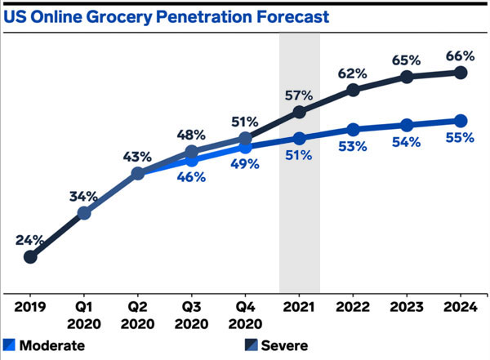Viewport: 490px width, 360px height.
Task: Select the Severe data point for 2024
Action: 460,73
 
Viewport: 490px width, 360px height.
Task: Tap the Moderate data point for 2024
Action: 460,121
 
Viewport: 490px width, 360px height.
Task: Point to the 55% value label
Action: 460,139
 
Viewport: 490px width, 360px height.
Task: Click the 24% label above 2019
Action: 31,240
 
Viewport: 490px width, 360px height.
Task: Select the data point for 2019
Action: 30,257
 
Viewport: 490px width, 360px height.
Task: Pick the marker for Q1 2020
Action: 84,213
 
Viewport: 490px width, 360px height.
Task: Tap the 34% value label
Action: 84,196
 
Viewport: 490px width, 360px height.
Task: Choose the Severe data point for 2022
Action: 353,90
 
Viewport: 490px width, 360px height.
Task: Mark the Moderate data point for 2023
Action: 406,125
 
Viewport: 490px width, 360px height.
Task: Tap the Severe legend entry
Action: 274,345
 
